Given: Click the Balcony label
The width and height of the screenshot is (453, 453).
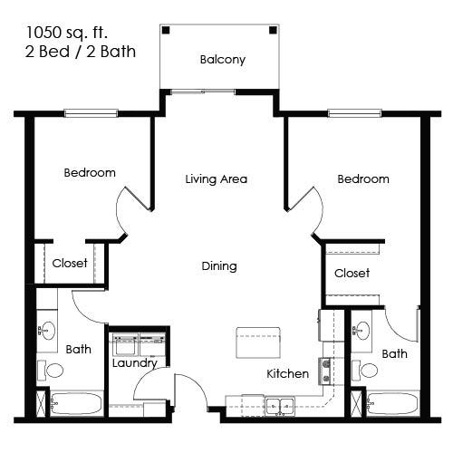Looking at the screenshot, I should click(x=222, y=61).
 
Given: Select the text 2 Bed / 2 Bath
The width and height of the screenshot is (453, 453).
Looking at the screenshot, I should click(x=81, y=52).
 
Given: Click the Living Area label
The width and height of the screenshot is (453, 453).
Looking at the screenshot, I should click(x=216, y=178).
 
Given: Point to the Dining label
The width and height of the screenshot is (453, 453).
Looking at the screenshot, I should click(x=219, y=266).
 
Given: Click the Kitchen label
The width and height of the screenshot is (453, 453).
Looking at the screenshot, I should click(x=287, y=373).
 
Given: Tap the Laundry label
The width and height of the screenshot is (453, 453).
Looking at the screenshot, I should click(x=135, y=363).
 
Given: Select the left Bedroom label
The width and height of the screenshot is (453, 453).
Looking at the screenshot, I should click(x=90, y=172).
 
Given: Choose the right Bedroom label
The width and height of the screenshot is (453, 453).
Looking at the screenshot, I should click(x=363, y=178).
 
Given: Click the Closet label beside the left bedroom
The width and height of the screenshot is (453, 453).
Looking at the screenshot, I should click(x=70, y=264).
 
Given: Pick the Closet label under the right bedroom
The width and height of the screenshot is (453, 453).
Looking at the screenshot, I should click(x=352, y=273).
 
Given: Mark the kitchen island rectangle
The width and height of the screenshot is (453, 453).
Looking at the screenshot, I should click(x=258, y=343).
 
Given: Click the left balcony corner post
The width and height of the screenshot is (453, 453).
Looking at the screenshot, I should click(x=166, y=30).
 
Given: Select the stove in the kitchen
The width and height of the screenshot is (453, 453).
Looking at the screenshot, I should click(x=327, y=370).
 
